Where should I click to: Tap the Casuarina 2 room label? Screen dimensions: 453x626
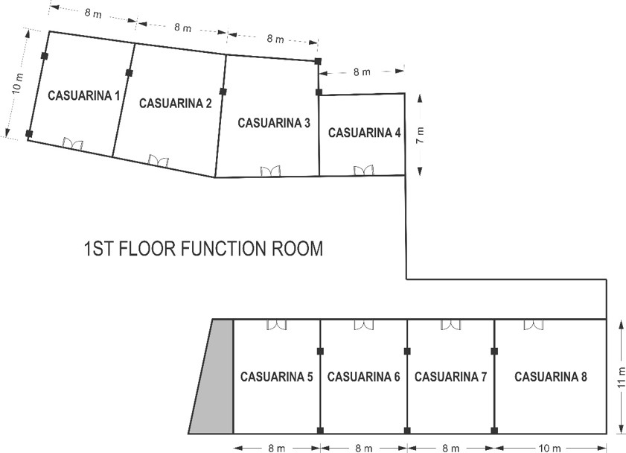pos(175,104)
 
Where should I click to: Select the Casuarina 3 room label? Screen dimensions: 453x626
pos(273,123)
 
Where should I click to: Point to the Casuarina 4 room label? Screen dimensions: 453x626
pos(365,133)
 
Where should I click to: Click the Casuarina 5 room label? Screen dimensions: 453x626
pos(276,377)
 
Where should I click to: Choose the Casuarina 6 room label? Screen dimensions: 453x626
pos(363,377)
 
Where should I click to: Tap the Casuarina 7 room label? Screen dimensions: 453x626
pos(450,377)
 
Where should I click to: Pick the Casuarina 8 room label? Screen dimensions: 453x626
pos(551,377)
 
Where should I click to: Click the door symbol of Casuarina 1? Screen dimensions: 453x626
pos(73,144)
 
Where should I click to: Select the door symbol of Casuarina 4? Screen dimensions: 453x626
pos(363,171)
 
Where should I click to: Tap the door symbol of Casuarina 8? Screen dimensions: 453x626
pos(533,324)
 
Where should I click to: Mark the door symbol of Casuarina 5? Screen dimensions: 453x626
pos(277,324)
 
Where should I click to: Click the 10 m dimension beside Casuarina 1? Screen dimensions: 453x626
pos(18,83)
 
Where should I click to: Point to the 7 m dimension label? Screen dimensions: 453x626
pos(420,135)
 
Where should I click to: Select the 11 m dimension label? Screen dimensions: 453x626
pos(621,376)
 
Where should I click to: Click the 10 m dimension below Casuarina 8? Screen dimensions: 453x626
pos(550,449)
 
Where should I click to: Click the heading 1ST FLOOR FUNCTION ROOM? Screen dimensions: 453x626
pos(203,249)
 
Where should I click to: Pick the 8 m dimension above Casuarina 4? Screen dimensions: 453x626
pos(362,72)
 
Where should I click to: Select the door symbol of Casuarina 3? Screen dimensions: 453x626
pos(270,171)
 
